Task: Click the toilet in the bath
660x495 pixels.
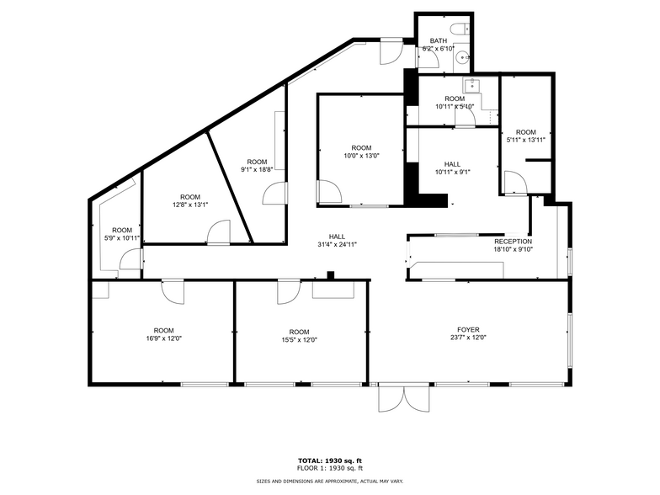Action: click(x=460, y=29)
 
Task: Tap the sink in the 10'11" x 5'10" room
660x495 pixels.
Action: click(x=471, y=84)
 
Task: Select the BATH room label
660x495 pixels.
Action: click(x=439, y=40)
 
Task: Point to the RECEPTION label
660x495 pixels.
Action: click(x=513, y=241)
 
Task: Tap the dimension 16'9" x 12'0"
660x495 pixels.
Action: click(x=163, y=339)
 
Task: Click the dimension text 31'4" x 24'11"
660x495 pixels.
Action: click(x=337, y=245)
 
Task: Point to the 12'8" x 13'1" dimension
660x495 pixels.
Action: click(x=190, y=205)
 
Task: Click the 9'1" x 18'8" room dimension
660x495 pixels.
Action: click(x=257, y=169)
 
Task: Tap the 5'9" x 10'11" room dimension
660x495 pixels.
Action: click(x=122, y=238)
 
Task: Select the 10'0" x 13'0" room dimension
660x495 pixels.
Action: click(x=361, y=156)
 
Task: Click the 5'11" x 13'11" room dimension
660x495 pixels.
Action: click(x=525, y=140)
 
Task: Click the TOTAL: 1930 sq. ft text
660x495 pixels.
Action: click(x=330, y=460)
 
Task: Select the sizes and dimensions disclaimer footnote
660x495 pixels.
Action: click(x=330, y=481)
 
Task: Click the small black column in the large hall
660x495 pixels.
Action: click(x=331, y=274)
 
